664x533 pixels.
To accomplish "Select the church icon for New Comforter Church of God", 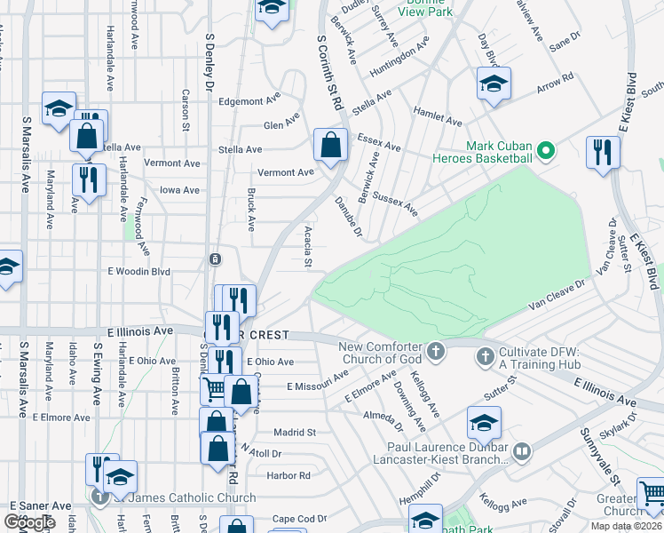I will (435, 352).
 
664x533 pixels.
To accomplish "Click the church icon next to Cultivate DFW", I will (485, 357).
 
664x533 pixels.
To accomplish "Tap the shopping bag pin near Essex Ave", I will (330, 146).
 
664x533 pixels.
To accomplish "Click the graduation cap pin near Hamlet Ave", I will (493, 85).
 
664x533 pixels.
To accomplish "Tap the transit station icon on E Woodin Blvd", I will (215, 259).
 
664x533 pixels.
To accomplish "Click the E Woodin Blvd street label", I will (138, 271).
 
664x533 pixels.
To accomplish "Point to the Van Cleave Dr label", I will (558, 296).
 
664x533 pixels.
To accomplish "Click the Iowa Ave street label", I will (181, 189).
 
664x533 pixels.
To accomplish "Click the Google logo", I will (30, 522).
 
